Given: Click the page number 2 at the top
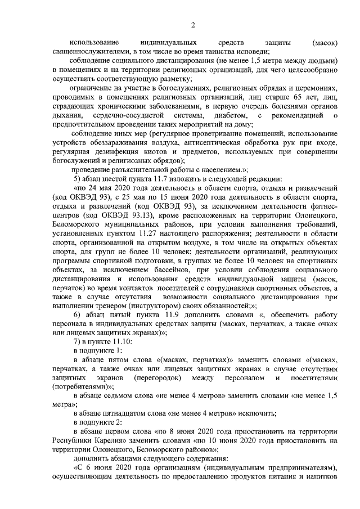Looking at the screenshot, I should click(x=192, y=25).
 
